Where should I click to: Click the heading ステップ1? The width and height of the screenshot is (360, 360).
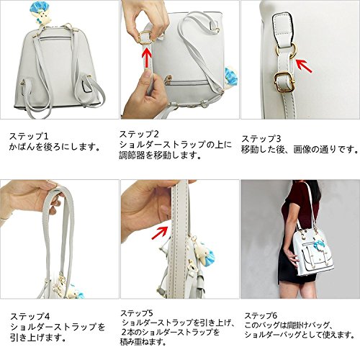pyautogui.click(x=29, y=136)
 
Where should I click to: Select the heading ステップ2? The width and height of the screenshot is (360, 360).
pyautogui.click(x=139, y=134)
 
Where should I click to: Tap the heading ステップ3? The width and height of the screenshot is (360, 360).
pyautogui.click(x=261, y=139)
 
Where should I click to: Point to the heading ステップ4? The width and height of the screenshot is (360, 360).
pyautogui.click(x=30, y=317)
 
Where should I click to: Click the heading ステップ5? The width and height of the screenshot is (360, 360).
pyautogui.click(x=137, y=313)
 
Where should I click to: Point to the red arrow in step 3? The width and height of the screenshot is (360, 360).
pyautogui.click(x=304, y=66)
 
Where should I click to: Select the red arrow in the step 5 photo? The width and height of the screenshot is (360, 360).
pyautogui.click(x=160, y=233)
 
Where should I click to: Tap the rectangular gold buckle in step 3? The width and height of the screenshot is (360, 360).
pyautogui.click(x=284, y=82)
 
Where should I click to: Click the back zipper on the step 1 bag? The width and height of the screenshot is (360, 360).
pyautogui.click(x=55, y=37)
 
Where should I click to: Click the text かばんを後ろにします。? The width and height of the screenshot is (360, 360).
pyautogui.click(x=55, y=147)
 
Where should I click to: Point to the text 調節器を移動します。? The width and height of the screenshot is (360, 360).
pyautogui.click(x=161, y=156)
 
